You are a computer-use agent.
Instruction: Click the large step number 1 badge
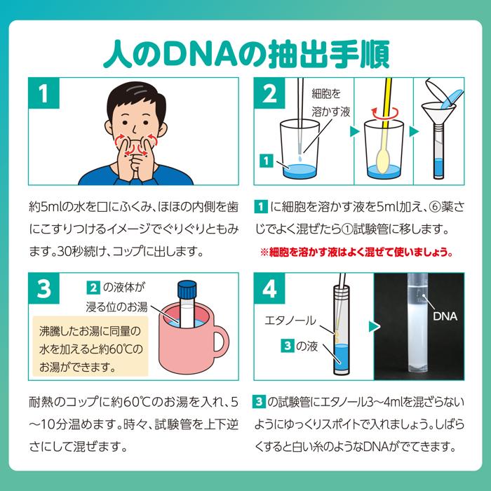point(43,93)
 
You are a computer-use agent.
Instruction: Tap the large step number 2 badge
point(269,93)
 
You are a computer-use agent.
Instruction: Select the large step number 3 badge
point(43,288)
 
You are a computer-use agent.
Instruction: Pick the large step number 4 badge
point(269,288)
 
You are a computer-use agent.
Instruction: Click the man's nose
point(134,129)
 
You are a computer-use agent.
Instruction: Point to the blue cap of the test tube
point(187,290)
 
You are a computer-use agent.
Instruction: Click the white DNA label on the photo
point(445,316)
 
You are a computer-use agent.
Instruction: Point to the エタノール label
point(290,321)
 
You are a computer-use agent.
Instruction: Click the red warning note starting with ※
point(356,252)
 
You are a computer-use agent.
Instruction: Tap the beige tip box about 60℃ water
point(90,347)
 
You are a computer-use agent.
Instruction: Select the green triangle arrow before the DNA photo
point(374,327)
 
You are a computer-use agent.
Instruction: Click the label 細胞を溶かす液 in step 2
point(330,102)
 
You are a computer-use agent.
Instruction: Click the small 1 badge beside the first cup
point(266,161)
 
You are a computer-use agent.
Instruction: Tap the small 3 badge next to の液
point(288,346)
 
